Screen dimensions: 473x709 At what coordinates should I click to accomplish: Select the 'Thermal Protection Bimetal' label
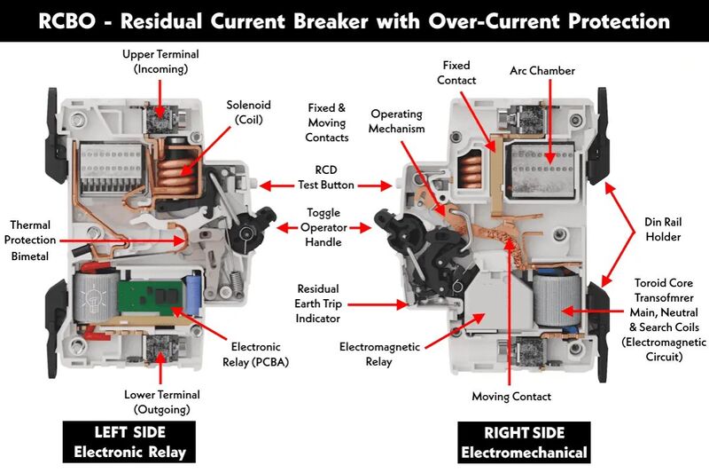click(x=33, y=240)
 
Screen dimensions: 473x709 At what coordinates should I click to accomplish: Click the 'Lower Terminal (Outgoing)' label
click(x=160, y=402)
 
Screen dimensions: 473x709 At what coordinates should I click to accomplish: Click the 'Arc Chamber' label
click(x=542, y=71)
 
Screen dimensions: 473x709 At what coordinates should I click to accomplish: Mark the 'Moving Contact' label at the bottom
click(x=511, y=397)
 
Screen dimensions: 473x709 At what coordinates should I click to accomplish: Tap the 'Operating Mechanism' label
click(x=396, y=122)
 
